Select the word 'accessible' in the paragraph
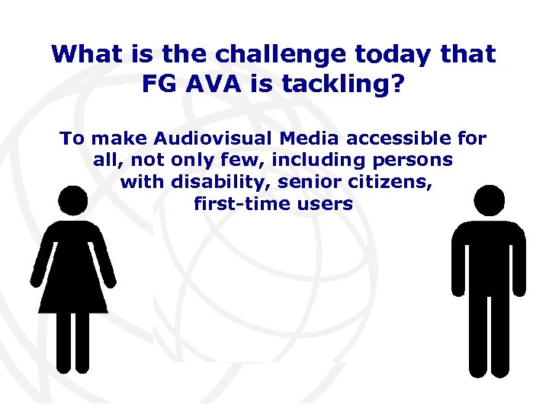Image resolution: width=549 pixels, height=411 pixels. coord(391,139)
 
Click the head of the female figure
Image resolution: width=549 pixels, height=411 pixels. coord(73,202)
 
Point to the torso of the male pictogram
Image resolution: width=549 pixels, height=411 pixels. coord(489,259)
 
